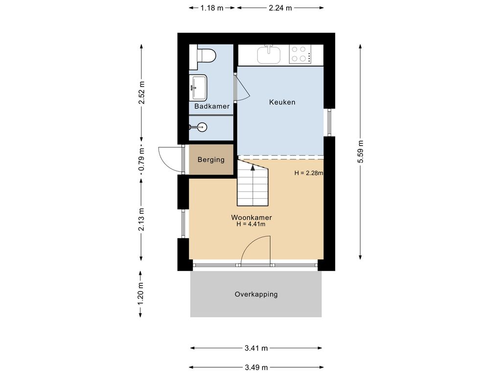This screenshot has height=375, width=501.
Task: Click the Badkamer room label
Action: pyautogui.click(x=212, y=106)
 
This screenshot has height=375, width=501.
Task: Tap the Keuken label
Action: pyautogui.click(x=282, y=102)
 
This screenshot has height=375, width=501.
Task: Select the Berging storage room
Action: pyautogui.click(x=211, y=160)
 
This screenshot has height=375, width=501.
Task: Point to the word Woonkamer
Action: pyautogui.click(x=251, y=217)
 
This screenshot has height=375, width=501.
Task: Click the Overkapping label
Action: pyautogui.click(x=256, y=294)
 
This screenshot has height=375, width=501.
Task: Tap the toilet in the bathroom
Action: pyautogui.click(x=206, y=56)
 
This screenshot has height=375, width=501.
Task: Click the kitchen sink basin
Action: pyautogui.click(x=269, y=54)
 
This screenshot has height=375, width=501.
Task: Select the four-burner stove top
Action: pyautogui.click(x=300, y=54)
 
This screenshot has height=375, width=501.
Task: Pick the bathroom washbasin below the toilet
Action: pyautogui.click(x=198, y=87)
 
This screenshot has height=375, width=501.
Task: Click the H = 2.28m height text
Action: pyautogui.click(x=309, y=173)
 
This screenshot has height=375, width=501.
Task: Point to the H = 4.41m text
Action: pyautogui.click(x=251, y=224)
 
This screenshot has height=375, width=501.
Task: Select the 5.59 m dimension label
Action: pyautogui.click(x=361, y=151)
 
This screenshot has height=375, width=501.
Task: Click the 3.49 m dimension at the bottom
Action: pyautogui.click(x=256, y=368)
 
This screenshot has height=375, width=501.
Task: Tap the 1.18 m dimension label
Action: pyautogui.click(x=212, y=8)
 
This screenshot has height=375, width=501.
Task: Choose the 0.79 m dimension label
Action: pyautogui.click(x=141, y=159)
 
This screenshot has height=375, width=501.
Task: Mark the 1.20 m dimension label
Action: pyautogui.click(x=140, y=293)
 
